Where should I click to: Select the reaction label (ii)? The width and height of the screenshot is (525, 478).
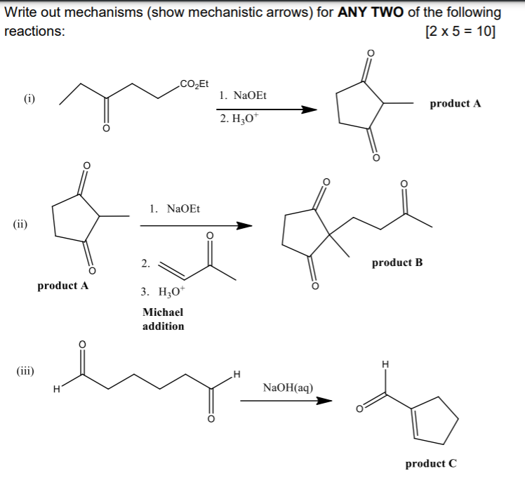coord(20,225)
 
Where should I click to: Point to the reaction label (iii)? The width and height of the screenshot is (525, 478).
coord(27,370)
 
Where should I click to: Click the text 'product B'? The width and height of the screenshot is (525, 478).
coord(397,263)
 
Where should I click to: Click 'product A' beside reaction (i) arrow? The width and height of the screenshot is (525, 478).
coord(455,103)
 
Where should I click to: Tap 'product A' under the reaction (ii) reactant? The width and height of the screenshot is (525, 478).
coord(62,286)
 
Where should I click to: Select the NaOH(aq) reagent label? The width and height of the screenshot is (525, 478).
coord(288,387)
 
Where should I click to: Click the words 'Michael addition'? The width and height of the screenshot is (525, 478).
coord(163,319)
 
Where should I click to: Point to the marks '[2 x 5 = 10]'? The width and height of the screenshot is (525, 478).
coord(460,32)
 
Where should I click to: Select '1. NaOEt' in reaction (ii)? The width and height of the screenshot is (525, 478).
coord(175,208)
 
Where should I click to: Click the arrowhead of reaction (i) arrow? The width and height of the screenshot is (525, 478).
coord(310,109)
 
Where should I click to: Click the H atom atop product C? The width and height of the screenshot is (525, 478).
coord(384,364)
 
